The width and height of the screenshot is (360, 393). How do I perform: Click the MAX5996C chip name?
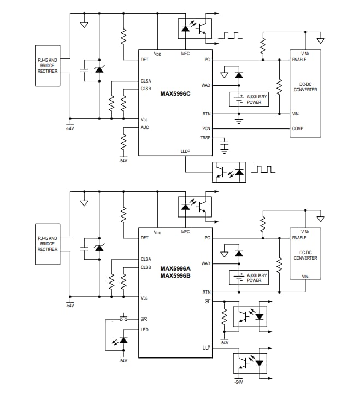175,93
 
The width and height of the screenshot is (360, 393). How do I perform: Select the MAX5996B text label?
175,275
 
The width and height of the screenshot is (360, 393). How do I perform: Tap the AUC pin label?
145,127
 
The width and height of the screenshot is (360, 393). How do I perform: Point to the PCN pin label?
207,128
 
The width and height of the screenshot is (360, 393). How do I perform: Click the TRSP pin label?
205,138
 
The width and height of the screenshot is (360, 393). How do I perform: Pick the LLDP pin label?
186,151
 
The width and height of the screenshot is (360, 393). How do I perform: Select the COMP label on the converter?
298,128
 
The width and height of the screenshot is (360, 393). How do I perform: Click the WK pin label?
144,319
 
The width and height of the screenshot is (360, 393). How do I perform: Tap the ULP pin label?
206,347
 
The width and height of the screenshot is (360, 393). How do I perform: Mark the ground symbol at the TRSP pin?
223,145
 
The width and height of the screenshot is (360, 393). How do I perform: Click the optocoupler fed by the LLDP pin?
228,172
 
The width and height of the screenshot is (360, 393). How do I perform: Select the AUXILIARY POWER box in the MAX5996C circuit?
249,99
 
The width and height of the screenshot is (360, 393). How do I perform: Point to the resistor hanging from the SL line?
223,317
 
